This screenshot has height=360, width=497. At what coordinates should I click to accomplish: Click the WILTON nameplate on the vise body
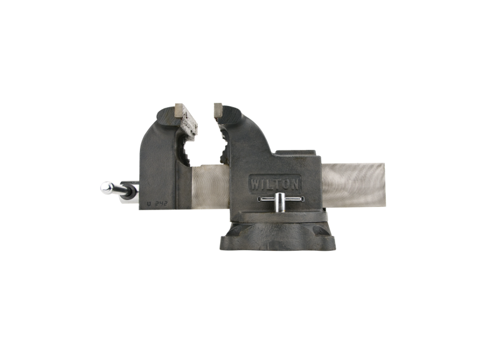coord(277,183)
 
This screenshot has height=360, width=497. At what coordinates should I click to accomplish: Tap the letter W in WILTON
coord(257,184)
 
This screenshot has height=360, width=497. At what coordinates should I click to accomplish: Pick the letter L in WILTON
coord(272,184)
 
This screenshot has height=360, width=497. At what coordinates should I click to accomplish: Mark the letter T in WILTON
coord(280,184)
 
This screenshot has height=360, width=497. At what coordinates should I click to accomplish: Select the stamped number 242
coord(164,202)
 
